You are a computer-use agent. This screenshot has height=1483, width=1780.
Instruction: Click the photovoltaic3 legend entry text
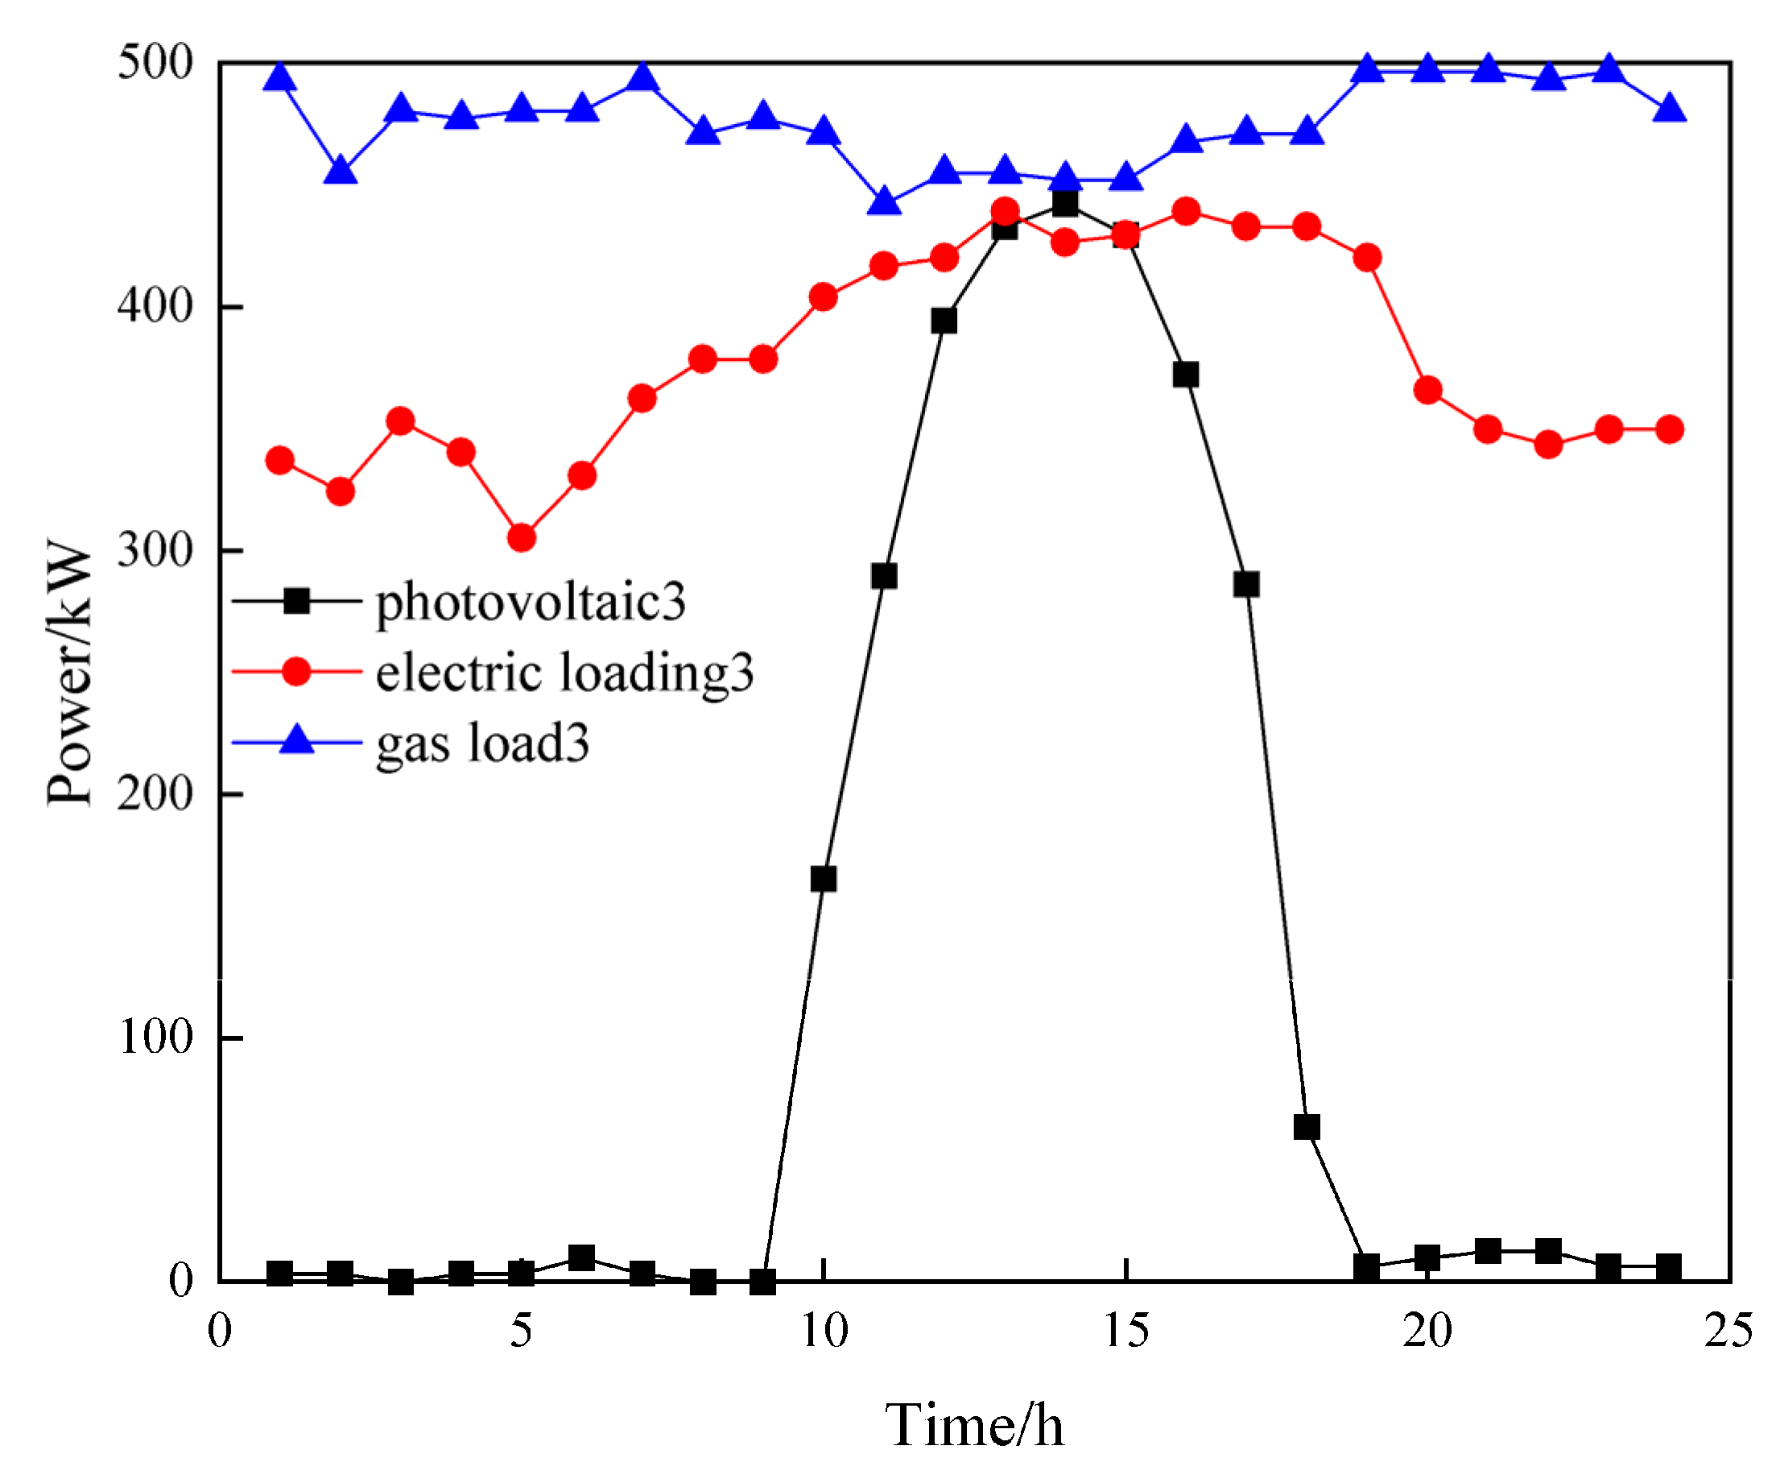(x=531, y=602)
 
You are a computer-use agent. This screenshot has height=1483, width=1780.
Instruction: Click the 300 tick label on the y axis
(x=155, y=550)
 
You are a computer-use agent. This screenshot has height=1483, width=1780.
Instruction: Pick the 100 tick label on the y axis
(x=155, y=1036)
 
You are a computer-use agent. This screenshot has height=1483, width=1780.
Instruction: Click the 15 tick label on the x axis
(x=1126, y=1329)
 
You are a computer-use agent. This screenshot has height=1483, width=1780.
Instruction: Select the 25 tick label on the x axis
(x=1728, y=1329)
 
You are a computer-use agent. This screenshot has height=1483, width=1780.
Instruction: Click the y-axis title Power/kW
(x=69, y=672)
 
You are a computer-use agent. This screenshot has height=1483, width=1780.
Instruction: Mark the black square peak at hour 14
(x=1064, y=204)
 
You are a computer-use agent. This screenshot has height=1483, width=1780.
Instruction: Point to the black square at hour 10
(x=823, y=878)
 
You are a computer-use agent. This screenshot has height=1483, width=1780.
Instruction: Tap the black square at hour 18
(x=1306, y=1127)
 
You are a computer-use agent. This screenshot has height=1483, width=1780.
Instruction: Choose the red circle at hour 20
(x=1427, y=390)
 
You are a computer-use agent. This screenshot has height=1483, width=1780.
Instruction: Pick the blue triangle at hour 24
(x=1669, y=110)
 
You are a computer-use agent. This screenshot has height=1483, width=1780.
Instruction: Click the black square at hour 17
(x=1246, y=584)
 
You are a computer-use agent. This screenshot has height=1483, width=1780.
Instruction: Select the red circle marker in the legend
(x=295, y=672)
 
